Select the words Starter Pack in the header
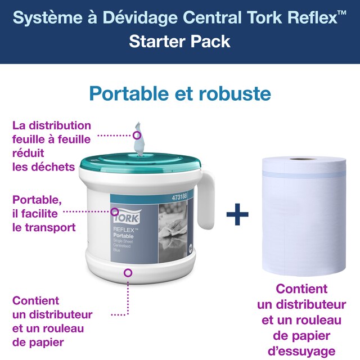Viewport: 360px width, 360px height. pyautogui.click(x=179, y=42)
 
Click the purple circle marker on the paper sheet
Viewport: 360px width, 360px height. pyautogui.click(x=137, y=135)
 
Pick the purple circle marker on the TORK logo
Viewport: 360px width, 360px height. pyautogui.click(x=114, y=213)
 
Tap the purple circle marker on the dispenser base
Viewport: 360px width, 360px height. pyautogui.click(x=128, y=272)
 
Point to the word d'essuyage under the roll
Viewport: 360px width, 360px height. pyautogui.click(x=301, y=352)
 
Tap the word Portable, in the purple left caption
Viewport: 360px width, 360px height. pyautogui.click(x=37, y=200)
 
